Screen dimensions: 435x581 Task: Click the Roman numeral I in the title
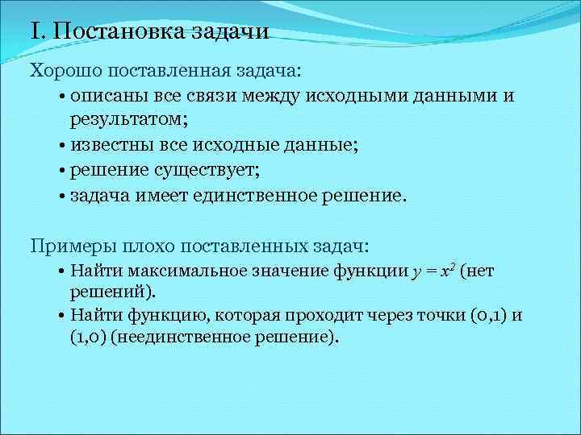click(34, 33)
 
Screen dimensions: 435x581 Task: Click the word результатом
click(126, 120)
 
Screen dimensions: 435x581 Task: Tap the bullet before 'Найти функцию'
click(62, 315)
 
